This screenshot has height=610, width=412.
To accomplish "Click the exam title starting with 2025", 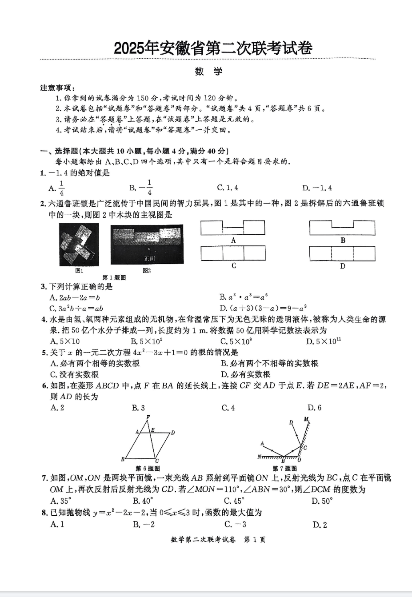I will [x=213, y=48].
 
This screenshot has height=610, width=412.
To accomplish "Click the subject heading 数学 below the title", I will [x=208, y=72].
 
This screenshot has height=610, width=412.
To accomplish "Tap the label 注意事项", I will [x=57, y=88].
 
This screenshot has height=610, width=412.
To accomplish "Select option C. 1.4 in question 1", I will [x=227, y=188].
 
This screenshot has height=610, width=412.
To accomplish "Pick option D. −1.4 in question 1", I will [x=317, y=188].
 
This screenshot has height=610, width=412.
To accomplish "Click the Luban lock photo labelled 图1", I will [x=79, y=245].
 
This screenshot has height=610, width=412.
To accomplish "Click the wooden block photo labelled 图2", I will [x=147, y=245].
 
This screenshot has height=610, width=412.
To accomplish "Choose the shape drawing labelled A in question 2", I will [x=233, y=228].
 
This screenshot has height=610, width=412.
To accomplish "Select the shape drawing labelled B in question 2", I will [x=342, y=228].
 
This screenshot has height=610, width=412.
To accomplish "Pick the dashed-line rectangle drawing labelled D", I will [x=342, y=253].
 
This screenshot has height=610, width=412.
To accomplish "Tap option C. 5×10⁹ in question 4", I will [x=236, y=341].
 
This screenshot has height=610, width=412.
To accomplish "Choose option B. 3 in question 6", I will [x=138, y=408].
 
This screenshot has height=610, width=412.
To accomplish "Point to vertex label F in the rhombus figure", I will [x=148, y=417].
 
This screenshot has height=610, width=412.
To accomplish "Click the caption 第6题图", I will [x=148, y=468].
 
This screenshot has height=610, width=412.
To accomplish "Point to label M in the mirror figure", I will [x=306, y=419].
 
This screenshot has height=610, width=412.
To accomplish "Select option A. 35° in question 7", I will [x=61, y=501].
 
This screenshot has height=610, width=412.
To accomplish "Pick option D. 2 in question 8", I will [x=320, y=525].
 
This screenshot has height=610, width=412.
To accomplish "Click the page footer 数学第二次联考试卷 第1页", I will [x=218, y=540].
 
